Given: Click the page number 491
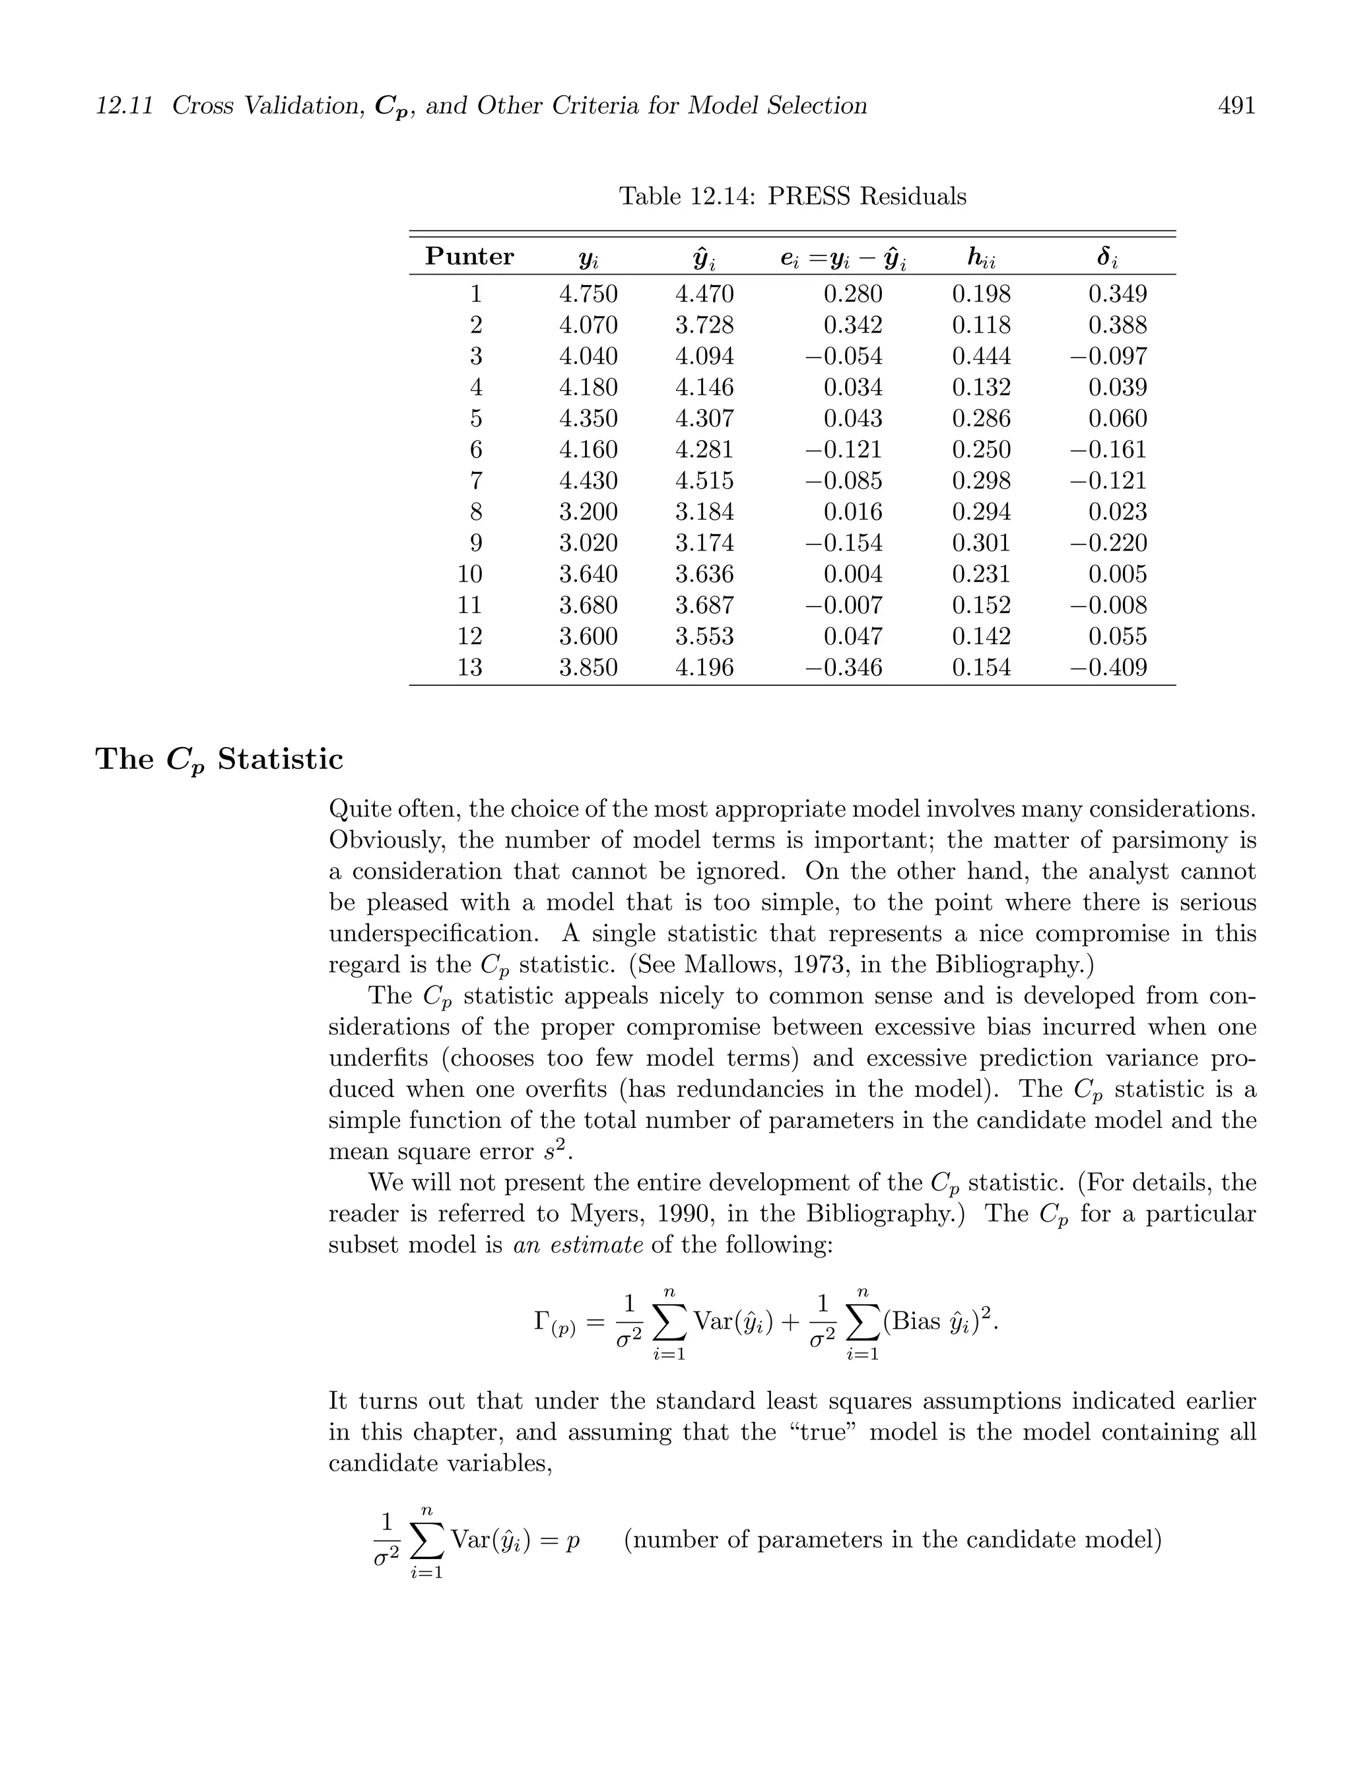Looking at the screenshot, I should pyautogui.click(x=1236, y=106).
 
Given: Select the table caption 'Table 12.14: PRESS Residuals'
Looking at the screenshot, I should pyautogui.click(x=792, y=196).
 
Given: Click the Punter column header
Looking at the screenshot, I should pyautogui.click(x=469, y=257).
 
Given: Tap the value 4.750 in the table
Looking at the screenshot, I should pyautogui.click(x=588, y=294).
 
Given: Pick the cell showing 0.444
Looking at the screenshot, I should pyautogui.click(x=981, y=356).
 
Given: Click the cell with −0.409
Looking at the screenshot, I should pyautogui.click(x=1109, y=668).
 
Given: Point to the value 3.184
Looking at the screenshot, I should pyautogui.click(x=704, y=512).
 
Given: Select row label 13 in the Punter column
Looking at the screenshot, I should pyautogui.click(x=469, y=668).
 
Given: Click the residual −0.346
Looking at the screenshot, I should pyautogui.click(x=844, y=668).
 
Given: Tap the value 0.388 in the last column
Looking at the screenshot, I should pyautogui.click(x=1117, y=325).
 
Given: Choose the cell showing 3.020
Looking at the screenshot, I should pyautogui.click(x=588, y=543).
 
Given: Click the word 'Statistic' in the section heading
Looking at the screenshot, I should pyautogui.click(x=281, y=759).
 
